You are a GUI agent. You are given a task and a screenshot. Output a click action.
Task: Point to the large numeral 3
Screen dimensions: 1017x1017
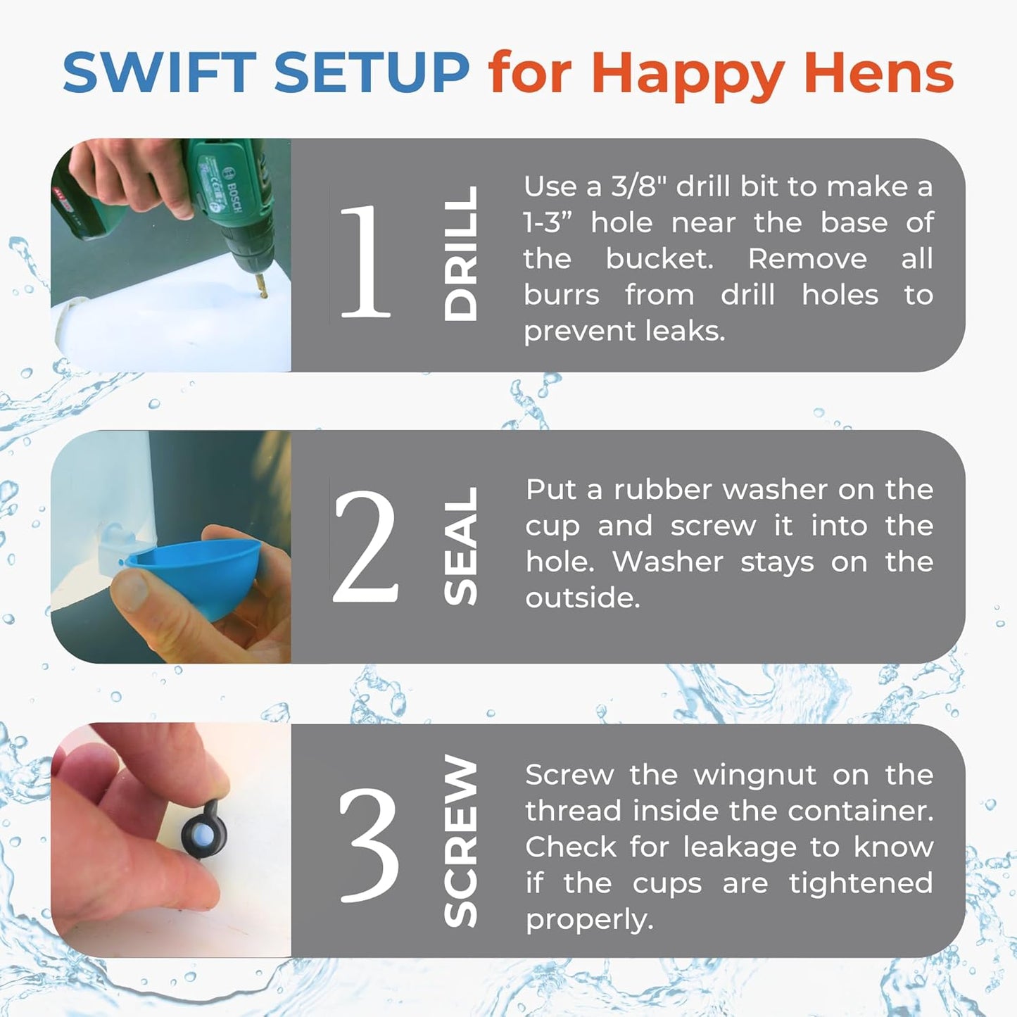(x=368, y=844)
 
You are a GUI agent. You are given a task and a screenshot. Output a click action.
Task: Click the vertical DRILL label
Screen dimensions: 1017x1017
(x=461, y=253)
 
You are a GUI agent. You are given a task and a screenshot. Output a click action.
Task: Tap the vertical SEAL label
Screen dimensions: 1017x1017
(x=461, y=546)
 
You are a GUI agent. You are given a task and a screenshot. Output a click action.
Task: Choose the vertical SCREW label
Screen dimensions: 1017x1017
(x=461, y=841)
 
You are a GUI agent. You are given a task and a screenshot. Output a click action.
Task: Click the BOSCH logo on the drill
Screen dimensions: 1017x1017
(x=233, y=191)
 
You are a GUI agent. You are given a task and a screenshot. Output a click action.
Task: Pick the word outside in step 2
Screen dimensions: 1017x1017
(x=583, y=598)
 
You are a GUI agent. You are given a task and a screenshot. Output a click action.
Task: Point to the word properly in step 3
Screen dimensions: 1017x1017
(x=590, y=921)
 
